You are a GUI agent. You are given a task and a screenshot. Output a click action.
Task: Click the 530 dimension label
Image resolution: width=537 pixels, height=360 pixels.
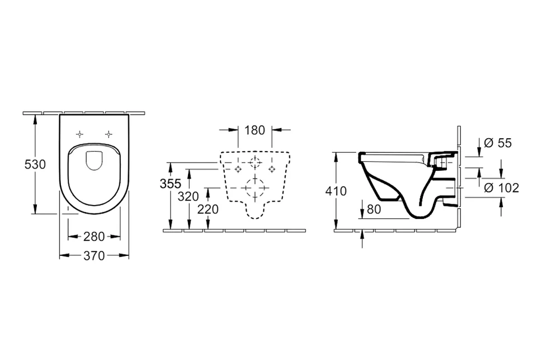pos(35,165)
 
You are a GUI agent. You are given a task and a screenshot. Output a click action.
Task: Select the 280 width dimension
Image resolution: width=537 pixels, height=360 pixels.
pos(94,236)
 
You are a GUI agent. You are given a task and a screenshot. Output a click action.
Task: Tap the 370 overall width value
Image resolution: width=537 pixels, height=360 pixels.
pos(94,255)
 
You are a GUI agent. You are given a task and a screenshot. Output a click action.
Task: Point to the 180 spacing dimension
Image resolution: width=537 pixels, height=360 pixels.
pos(255,130)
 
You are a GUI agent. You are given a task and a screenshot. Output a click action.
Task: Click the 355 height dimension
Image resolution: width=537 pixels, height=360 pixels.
pos(170,184)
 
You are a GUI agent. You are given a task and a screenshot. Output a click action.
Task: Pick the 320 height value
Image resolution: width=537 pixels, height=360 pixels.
pos(189,197)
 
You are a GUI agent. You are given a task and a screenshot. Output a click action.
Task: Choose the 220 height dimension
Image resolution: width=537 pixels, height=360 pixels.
pos(208,209)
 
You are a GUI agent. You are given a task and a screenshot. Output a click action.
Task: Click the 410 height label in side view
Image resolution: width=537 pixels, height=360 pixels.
pos(336,191)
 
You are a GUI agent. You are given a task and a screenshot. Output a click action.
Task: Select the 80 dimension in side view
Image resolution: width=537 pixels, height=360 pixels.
pos(374,209)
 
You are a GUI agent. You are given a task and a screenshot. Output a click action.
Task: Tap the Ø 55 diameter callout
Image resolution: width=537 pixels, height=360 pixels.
pos(498,143)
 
